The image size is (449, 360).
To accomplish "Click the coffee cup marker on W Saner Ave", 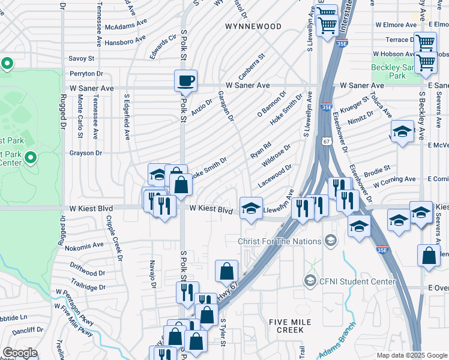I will click(185, 80).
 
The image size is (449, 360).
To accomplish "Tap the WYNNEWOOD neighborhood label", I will click(253, 26).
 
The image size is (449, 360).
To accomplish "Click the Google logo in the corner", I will click(19, 353).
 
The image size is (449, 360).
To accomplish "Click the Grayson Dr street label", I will click(85, 153).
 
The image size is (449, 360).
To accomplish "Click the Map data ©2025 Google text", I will click(411, 355).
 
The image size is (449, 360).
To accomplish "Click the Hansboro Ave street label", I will click(125, 41).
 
